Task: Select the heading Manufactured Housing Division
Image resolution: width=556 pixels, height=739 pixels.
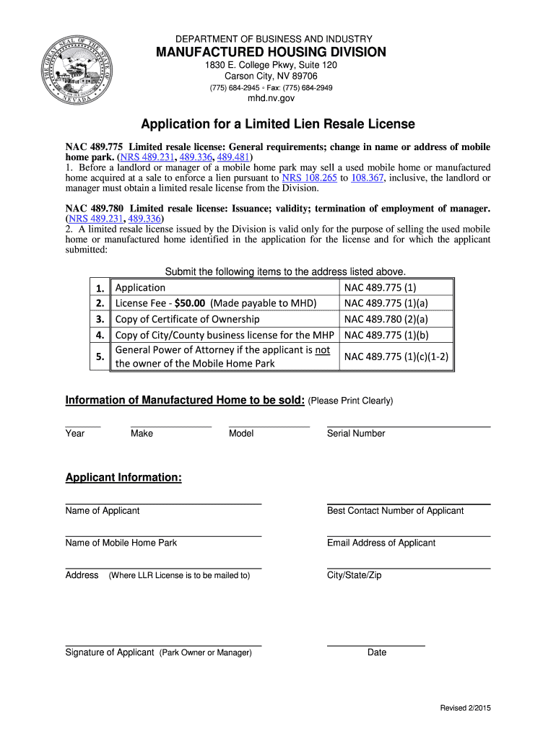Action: click(268, 52)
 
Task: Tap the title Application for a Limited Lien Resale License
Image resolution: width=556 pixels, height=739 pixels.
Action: click(278, 125)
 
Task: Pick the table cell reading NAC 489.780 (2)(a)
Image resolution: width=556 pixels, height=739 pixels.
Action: click(386, 319)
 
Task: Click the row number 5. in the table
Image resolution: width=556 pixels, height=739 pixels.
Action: click(100, 356)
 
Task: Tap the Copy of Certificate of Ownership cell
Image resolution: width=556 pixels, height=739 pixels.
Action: click(188, 319)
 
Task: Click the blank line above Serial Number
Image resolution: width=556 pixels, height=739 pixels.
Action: click(408, 425)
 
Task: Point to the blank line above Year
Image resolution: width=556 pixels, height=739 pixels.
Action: click(82, 425)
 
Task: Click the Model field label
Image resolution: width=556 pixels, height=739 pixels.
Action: click(241, 434)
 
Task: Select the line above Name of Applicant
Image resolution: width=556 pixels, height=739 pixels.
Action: click(163, 502)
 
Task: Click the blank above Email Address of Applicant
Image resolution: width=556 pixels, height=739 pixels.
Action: click(408, 535)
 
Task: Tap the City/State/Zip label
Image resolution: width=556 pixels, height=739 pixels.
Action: click(355, 575)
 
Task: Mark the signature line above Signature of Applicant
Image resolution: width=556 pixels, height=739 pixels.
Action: click(163, 644)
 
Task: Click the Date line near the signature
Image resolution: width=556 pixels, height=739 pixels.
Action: click(375, 644)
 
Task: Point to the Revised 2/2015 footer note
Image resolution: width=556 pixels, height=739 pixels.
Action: click(466, 709)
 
